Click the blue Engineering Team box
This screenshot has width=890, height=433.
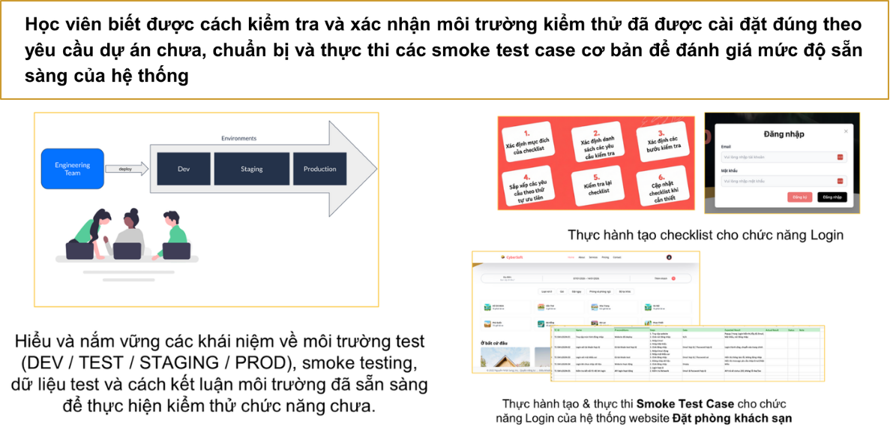click(73, 169)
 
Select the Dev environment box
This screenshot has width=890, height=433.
click(184, 169)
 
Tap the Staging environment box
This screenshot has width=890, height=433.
click(251, 169)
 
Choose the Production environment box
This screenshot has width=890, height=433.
click(320, 169)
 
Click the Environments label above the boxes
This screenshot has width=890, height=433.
click(238, 139)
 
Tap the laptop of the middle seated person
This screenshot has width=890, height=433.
click(127, 251)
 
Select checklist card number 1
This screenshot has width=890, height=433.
click(534, 140)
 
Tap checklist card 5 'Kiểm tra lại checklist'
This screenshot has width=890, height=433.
click(598, 185)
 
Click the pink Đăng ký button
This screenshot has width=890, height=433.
click(799, 197)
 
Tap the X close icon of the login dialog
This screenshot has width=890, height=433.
click(846, 131)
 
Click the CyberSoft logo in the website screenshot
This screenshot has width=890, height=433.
click(514, 257)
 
